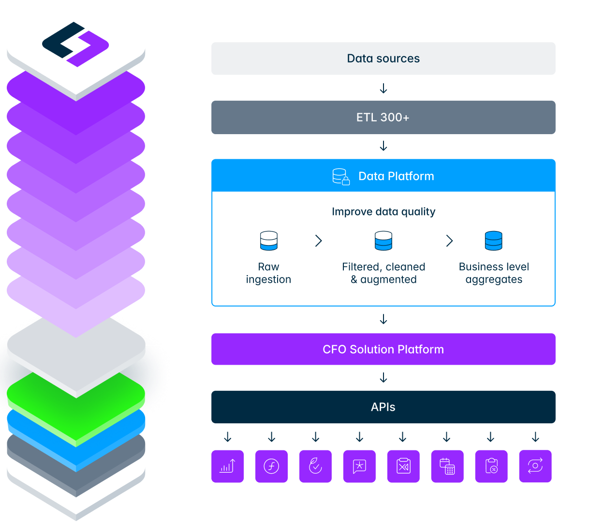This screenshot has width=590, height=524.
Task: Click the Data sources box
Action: click(x=383, y=59)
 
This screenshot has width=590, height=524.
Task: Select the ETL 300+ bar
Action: click(x=383, y=117)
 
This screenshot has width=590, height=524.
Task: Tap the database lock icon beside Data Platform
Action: click(x=341, y=177)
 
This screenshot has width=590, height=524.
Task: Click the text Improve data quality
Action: click(x=383, y=212)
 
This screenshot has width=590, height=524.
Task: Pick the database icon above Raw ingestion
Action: click(x=268, y=241)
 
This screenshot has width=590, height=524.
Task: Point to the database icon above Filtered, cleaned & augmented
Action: click(x=383, y=241)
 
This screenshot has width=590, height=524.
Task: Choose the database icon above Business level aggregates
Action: click(x=493, y=241)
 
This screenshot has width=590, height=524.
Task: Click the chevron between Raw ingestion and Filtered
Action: click(x=318, y=241)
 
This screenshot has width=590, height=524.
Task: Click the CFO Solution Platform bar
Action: click(x=383, y=349)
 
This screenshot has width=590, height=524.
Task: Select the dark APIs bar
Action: click(x=383, y=407)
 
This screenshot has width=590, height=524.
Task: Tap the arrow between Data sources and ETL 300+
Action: click(x=383, y=88)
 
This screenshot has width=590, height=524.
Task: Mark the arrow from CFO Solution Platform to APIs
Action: click(x=383, y=378)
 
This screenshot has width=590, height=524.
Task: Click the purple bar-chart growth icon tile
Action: click(x=227, y=466)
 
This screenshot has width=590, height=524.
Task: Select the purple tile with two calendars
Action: click(x=447, y=466)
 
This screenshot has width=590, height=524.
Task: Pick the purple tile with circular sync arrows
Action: click(x=535, y=466)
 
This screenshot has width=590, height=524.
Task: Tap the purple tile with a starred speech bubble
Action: click(x=359, y=466)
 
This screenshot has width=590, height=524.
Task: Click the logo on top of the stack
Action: click(x=75, y=44)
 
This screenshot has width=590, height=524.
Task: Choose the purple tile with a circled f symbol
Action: click(x=271, y=466)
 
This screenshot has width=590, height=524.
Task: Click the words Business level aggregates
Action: click(x=494, y=273)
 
